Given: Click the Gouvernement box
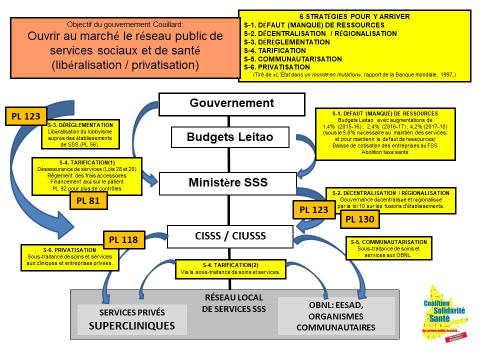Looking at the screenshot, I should pos(231,103).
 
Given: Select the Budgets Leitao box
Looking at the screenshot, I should pos(230,137).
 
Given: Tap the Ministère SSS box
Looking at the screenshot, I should pos(228,183).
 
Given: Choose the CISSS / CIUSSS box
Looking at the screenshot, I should pos(229,236).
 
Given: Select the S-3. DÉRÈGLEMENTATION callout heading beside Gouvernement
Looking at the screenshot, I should pos(80,124).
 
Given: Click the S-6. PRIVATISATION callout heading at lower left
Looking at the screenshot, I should pos(69,249).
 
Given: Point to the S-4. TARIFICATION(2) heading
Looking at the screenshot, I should pos(230,265).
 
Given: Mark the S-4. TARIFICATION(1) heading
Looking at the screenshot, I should pos(80,162).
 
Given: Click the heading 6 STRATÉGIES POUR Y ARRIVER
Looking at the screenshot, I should pos(354,16).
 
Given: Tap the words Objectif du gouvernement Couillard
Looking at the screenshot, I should pos(125,24).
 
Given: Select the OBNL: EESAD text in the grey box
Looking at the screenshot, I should pos(335,305).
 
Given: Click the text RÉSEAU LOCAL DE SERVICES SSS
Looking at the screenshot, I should pos(233,303).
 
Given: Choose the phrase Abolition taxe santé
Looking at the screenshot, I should pos(384,152).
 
